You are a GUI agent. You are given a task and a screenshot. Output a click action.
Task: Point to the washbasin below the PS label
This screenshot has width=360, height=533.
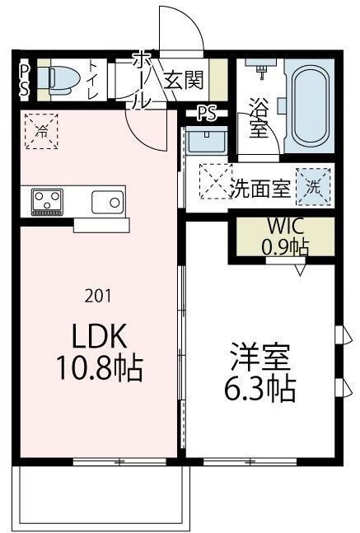tap(201, 141)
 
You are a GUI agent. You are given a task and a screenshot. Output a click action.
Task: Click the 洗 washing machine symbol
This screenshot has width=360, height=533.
tap(314, 185)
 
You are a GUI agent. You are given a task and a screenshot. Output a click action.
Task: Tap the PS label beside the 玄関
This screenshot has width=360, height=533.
tap(207, 114)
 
